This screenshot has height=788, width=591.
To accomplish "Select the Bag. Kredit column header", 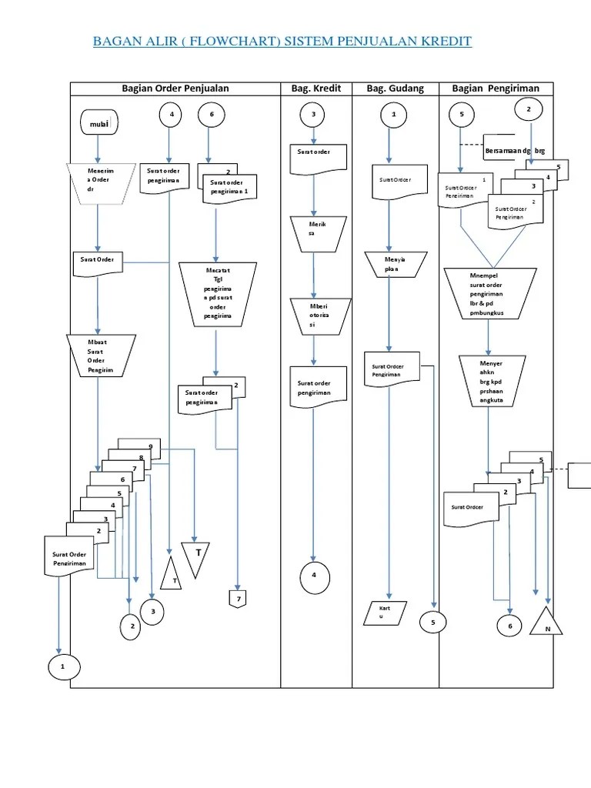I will click(x=316, y=88).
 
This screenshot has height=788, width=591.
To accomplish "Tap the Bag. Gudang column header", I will click(x=395, y=88).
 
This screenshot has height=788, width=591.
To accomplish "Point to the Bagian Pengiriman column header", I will click(x=496, y=88).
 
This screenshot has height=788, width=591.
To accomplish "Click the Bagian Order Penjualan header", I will click(x=175, y=88).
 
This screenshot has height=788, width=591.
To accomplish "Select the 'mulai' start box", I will click(x=98, y=122).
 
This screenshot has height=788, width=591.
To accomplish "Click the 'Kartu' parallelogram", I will click(x=388, y=613).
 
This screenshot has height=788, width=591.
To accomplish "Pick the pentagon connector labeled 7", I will click(x=238, y=599).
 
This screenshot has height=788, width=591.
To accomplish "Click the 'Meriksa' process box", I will click(x=312, y=232).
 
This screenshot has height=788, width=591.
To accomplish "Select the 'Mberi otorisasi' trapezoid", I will click(x=312, y=316).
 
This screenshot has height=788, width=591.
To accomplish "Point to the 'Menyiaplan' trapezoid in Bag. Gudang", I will click(x=394, y=265).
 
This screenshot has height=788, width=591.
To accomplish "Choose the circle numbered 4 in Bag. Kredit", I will click(x=313, y=576).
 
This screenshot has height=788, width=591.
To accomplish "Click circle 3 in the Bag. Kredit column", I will click(x=313, y=115).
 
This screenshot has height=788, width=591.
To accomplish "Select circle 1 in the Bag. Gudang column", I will click(x=394, y=115).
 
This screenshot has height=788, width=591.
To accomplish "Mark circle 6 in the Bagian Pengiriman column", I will click(x=509, y=626).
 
